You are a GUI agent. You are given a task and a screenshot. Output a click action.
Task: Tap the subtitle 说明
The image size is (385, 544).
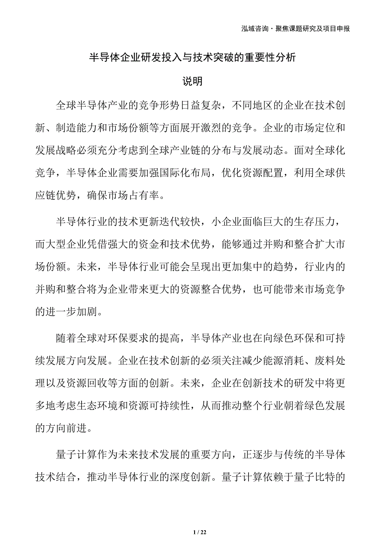pyautogui.click(x=193, y=81)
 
